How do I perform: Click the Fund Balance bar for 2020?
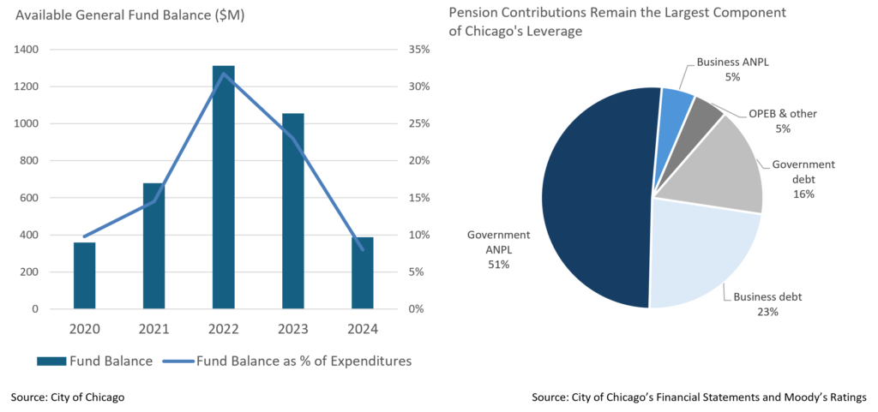coord(84,275)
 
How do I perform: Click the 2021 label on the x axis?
coord(153,329)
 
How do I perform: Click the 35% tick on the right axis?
coord(418,50)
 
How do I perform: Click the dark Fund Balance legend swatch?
coord(51,361)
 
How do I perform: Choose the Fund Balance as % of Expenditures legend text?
coord(304,361)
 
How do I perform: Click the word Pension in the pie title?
coord(471,14)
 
